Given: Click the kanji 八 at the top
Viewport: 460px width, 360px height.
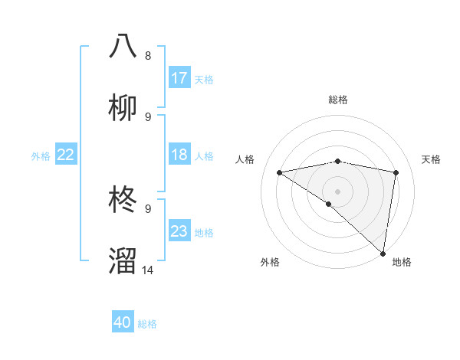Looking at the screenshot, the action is [123, 46].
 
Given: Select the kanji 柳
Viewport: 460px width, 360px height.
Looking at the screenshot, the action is [123, 108].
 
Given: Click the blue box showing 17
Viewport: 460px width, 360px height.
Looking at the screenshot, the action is [179, 78].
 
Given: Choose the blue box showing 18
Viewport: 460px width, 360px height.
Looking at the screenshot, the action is [179, 155].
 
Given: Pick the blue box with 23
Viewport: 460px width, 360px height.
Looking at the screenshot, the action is [179, 231].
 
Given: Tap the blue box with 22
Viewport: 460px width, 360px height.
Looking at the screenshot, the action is [66, 155].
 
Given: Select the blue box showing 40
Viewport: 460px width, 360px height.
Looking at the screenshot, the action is [123, 322].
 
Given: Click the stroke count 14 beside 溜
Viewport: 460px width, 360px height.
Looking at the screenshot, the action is [148, 270].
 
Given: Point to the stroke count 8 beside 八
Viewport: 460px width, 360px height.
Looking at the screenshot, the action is [148, 55].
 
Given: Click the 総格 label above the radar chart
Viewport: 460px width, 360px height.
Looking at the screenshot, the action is [337, 100].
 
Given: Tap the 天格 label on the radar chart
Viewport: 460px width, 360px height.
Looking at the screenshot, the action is [432, 159].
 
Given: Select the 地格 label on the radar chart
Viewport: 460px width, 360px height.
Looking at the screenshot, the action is [402, 262].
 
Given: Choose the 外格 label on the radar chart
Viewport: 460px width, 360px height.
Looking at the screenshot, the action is [270, 262].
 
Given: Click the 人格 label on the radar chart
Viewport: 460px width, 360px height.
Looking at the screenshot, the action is [245, 159].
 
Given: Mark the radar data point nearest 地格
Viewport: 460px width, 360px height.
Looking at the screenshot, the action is [383, 253].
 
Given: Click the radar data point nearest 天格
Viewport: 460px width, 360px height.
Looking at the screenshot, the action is [396, 172].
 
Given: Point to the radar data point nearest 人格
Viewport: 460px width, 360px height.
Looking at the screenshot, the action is [279, 172].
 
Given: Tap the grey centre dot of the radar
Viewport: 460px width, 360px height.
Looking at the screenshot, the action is [337, 191].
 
